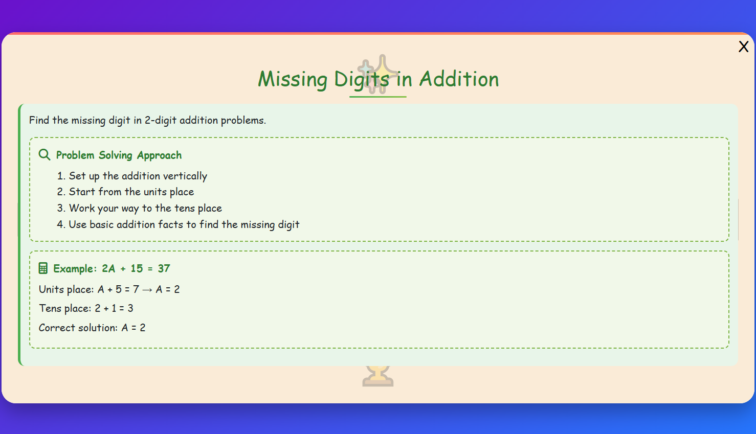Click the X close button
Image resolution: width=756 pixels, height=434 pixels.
click(743, 47)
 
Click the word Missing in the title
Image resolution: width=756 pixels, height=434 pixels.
click(292, 79)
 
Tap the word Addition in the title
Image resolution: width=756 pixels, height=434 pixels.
click(459, 79)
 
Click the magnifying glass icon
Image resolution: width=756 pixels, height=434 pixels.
click(45, 155)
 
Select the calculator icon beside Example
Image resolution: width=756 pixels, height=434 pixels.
click(43, 268)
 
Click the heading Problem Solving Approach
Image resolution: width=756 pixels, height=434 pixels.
click(119, 155)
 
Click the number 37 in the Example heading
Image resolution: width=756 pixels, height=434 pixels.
click(164, 269)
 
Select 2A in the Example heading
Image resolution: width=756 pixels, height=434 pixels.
click(108, 269)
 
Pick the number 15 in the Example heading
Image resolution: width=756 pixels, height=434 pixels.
click(137, 269)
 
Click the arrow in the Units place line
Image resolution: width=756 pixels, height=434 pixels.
click(147, 290)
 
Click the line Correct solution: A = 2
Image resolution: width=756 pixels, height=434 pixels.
click(92, 328)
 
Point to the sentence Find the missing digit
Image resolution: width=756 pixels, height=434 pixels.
click(147, 121)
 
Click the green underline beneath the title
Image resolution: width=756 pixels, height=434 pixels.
click(377, 96)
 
